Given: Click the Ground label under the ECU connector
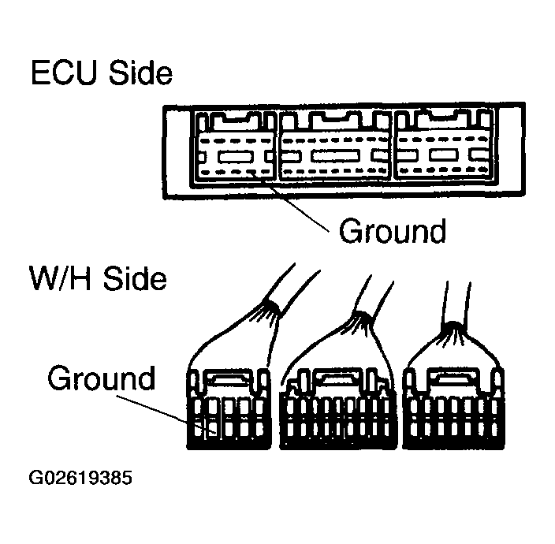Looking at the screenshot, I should (392, 231).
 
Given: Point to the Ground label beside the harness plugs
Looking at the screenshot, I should (102, 378).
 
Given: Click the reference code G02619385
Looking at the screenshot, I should (80, 479).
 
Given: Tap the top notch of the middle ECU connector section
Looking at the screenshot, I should (334, 121).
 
